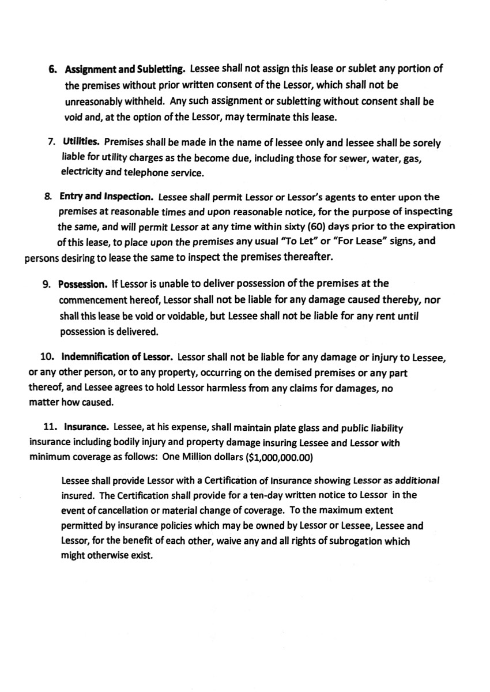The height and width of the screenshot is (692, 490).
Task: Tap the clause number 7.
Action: click(x=52, y=142)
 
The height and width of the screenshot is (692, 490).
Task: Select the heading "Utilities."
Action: click(x=81, y=142)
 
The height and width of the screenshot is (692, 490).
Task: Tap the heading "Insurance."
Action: click(x=86, y=428)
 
